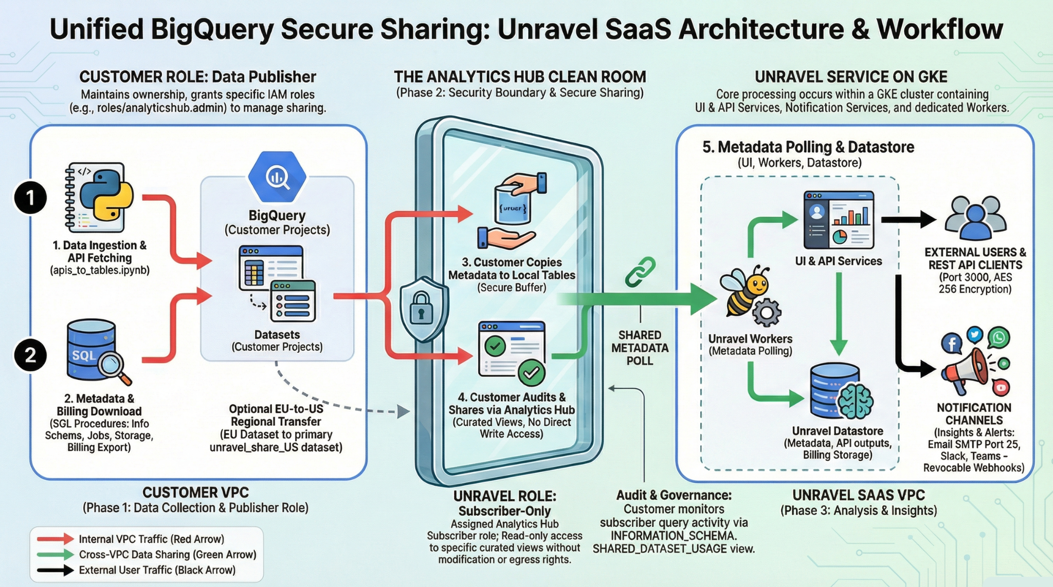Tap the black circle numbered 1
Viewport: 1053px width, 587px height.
(30, 198)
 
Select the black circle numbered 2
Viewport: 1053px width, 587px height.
(30, 355)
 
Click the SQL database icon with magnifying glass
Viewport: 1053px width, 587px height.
(95, 351)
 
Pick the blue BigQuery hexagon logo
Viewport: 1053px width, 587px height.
(277, 177)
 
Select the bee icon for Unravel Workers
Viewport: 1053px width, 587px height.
(745, 290)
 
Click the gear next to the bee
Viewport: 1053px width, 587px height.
(767, 312)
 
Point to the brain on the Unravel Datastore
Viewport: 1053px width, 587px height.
(855, 401)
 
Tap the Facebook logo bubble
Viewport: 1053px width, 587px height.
(952, 343)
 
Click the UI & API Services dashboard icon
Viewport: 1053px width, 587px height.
(839, 220)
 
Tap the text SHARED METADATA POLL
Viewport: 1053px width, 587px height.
(640, 348)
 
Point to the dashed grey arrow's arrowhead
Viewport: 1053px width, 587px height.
(404, 411)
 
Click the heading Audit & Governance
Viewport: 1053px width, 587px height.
(674, 495)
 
